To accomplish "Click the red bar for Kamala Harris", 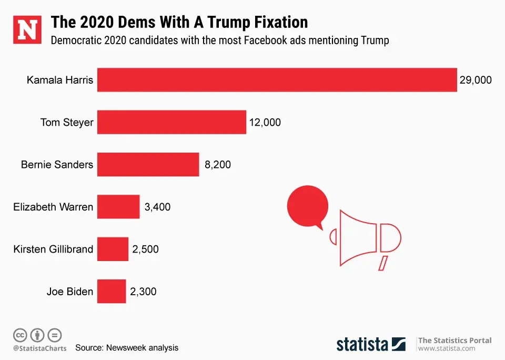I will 277,80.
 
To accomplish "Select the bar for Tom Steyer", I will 171,122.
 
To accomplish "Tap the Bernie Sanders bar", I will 148,164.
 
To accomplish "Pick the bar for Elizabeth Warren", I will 118,207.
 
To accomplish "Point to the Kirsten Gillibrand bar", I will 113,249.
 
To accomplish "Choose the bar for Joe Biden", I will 112,291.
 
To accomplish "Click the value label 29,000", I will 475,80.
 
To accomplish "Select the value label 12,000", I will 265,122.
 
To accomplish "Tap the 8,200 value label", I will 217,165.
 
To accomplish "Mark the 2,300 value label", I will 143,291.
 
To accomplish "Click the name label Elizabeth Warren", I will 53,207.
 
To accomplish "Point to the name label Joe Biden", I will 69,291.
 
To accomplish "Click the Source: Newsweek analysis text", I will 127,347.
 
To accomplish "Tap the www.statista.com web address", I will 447,348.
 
